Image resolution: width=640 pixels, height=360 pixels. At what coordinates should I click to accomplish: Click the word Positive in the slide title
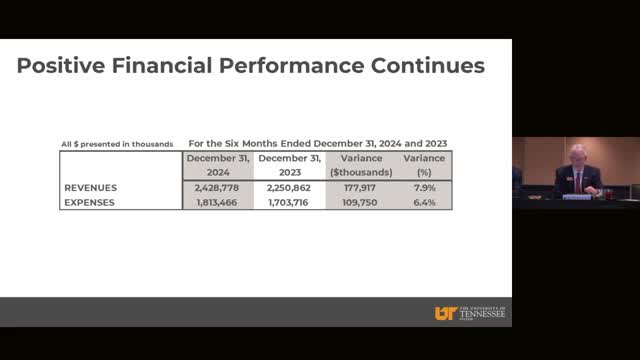pyautogui.click(x=61, y=66)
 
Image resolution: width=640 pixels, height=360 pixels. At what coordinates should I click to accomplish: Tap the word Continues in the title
pyautogui.click(x=428, y=66)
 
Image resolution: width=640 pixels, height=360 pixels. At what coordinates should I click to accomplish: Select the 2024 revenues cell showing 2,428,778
pyautogui.click(x=217, y=188)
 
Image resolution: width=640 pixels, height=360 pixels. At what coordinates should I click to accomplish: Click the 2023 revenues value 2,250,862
pyautogui.click(x=289, y=188)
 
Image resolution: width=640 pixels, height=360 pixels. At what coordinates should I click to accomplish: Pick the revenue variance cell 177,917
pyautogui.click(x=360, y=188)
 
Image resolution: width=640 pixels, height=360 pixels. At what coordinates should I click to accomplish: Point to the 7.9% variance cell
pyautogui.click(x=424, y=188)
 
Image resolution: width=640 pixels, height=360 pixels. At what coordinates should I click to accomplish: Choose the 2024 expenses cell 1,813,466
pyautogui.click(x=217, y=202)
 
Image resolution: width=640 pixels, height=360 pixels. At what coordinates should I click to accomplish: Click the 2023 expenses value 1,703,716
pyautogui.click(x=288, y=202)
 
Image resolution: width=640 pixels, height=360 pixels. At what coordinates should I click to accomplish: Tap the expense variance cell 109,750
pyautogui.click(x=360, y=202)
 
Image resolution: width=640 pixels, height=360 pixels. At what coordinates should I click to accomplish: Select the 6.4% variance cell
pyautogui.click(x=424, y=202)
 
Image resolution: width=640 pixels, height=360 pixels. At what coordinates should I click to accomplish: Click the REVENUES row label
pyautogui.click(x=91, y=188)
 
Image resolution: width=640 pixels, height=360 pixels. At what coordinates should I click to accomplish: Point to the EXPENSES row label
pyautogui.click(x=89, y=202)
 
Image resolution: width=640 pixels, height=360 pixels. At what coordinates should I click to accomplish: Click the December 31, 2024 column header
pyautogui.click(x=218, y=165)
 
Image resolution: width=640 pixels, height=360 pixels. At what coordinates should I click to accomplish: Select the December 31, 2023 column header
pyautogui.click(x=290, y=165)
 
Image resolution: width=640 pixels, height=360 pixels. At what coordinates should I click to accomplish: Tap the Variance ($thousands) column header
pyautogui.click(x=361, y=165)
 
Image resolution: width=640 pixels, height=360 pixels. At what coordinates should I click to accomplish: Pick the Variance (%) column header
pyautogui.click(x=424, y=165)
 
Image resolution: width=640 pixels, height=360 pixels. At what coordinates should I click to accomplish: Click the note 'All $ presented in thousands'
pyautogui.click(x=117, y=144)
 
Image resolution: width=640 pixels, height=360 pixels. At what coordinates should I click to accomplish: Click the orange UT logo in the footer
pyautogui.click(x=446, y=313)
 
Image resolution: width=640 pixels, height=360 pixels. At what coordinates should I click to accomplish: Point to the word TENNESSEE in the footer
pyautogui.click(x=482, y=314)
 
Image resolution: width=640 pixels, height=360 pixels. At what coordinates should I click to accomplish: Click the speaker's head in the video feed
pyautogui.click(x=578, y=155)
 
